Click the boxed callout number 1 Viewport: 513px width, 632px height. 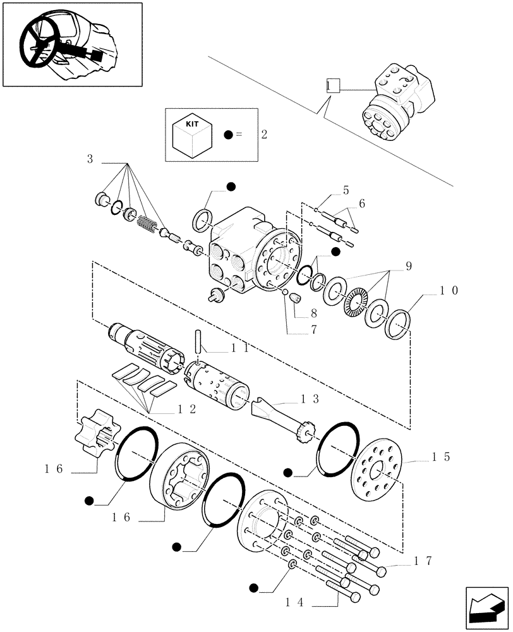(333, 87)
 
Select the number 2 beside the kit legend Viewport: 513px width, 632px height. (263, 135)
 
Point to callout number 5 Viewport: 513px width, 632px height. (346, 189)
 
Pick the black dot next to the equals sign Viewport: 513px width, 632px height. (229, 134)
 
